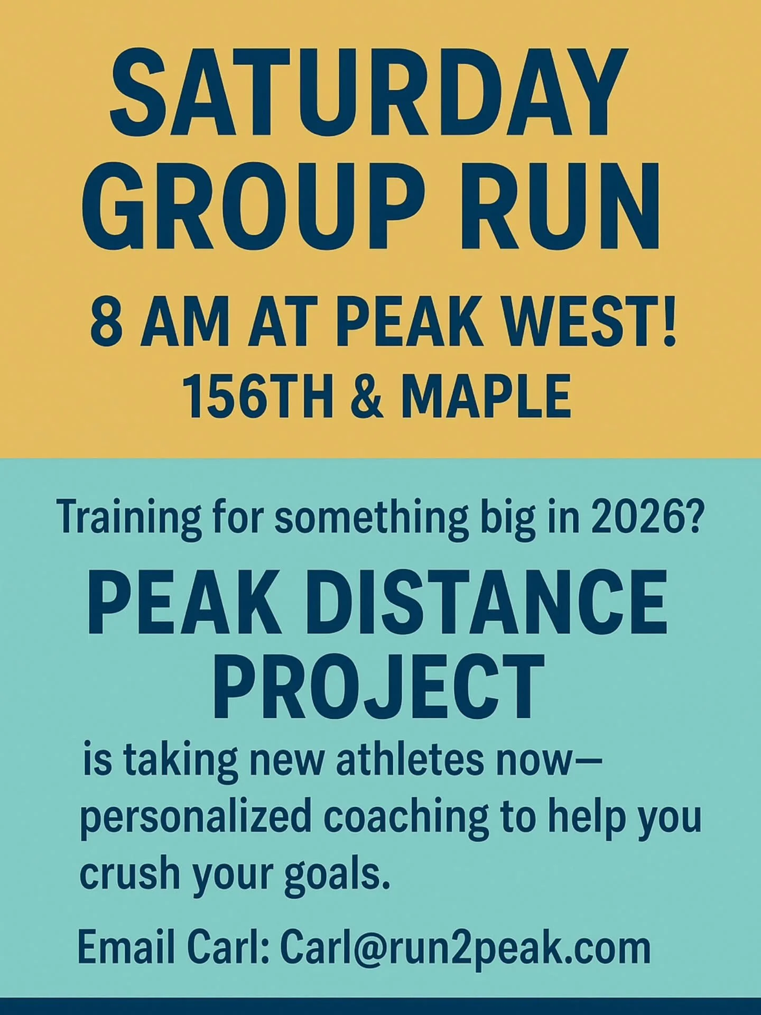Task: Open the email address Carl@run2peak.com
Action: coord(465,948)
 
